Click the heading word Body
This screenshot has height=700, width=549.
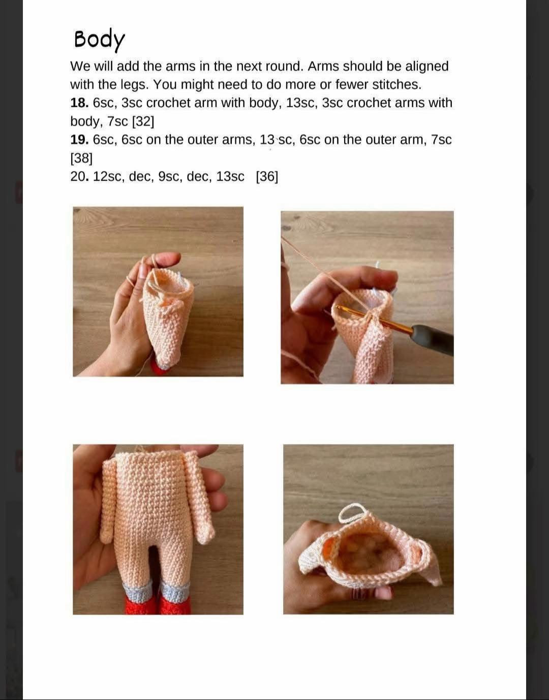pyautogui.click(x=99, y=39)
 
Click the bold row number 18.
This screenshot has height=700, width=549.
pyautogui.click(x=79, y=103)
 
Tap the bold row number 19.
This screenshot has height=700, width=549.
pyautogui.click(x=79, y=139)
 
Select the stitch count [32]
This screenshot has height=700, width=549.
pyautogui.click(x=143, y=122)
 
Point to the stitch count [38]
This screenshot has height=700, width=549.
pyautogui.click(x=81, y=158)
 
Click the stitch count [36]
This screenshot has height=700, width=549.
pyautogui.click(x=267, y=177)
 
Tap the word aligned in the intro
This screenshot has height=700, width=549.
pyautogui.click(x=426, y=66)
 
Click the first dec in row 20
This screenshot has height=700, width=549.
pyautogui.click(x=140, y=177)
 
